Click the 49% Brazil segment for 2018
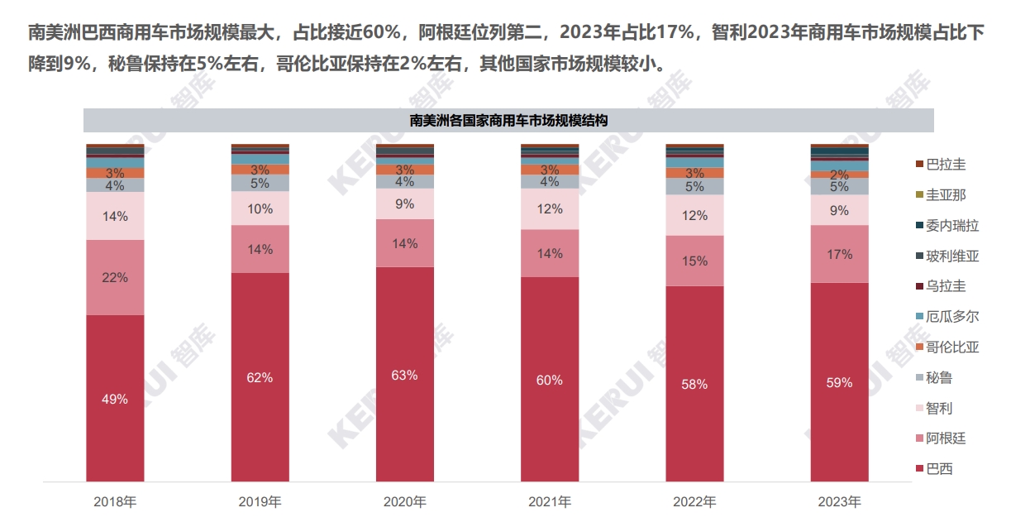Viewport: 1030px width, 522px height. pos(115,398)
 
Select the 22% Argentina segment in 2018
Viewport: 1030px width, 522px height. pos(115,278)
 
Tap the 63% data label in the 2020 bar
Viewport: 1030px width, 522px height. pos(405,375)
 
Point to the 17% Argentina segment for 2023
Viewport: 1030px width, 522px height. pos(840,254)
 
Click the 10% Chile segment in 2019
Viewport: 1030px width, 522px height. pos(260,208)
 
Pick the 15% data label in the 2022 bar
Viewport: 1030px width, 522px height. pos(694,261)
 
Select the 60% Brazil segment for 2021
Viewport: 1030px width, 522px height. pos(550,380)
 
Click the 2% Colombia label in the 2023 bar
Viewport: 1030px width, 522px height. pos(839,175)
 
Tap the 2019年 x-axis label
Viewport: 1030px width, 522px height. pos(260,502)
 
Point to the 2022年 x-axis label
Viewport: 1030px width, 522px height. pos(694,502)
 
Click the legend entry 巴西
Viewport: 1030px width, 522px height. pos(934,468)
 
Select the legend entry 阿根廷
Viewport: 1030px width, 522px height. pos(941,438)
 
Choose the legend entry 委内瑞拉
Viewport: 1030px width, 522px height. pos(947,226)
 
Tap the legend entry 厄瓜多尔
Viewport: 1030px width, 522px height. pos(947,317)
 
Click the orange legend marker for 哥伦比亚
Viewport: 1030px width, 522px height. pos(919,347)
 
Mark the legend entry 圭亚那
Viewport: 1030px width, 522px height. pos(941,195)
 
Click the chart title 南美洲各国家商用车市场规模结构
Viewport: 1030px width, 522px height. pos(508,121)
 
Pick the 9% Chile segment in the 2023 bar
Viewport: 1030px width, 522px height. pos(840,210)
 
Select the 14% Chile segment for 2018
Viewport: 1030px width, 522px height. pos(115,216)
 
